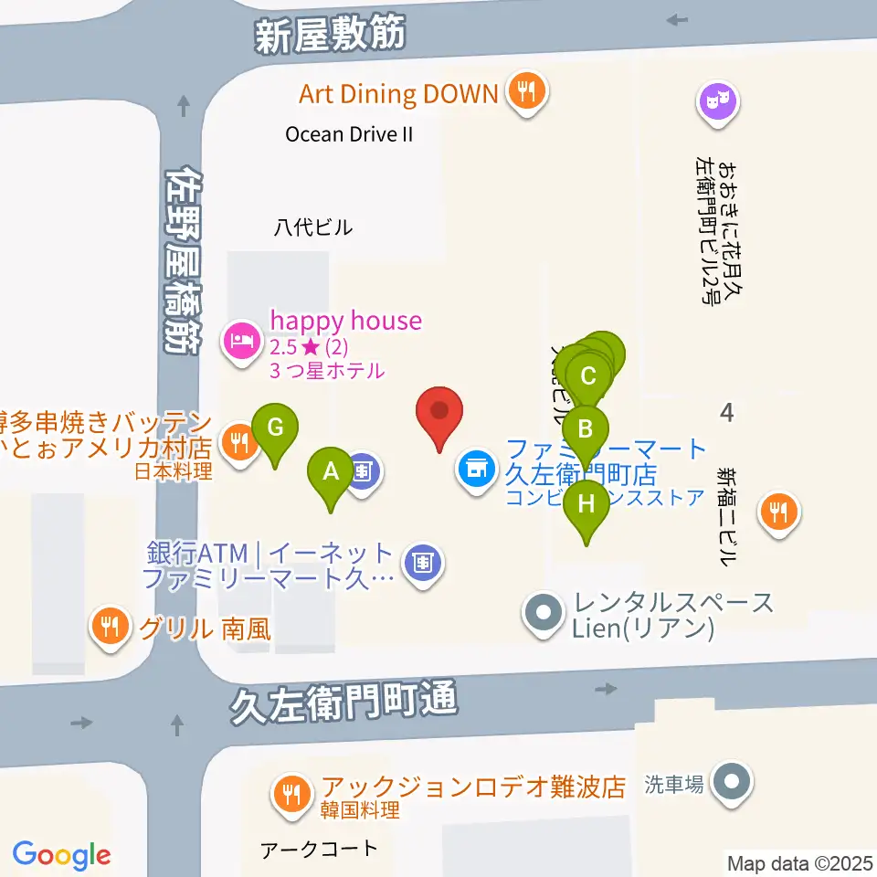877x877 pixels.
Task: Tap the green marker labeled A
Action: tap(331, 473)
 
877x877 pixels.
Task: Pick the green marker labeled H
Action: tap(586, 506)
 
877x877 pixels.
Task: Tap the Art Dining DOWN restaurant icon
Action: tap(525, 91)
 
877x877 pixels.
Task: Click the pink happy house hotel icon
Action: tap(240, 342)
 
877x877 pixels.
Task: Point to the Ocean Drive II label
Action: tap(349, 134)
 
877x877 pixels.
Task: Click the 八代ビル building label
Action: tap(312, 227)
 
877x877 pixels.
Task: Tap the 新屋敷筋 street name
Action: tap(329, 36)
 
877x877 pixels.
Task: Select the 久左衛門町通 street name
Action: tap(343, 703)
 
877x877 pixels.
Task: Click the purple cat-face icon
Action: tap(716, 100)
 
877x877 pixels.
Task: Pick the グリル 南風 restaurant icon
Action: tap(111, 627)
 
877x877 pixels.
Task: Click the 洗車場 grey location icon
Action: tap(731, 783)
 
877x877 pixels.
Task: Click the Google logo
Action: tap(62, 855)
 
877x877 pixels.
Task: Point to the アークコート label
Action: tap(318, 849)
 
